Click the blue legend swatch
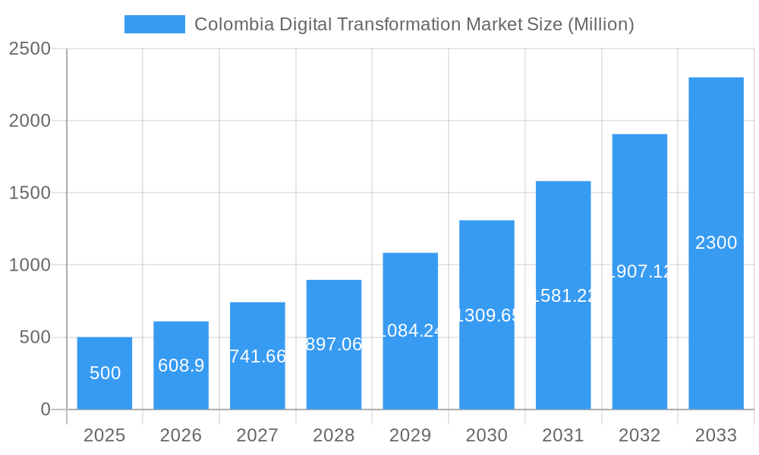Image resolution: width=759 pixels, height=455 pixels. click(155, 24)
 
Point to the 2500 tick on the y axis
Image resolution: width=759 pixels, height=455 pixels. click(29, 49)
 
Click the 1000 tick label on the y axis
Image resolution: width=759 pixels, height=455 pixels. click(29, 265)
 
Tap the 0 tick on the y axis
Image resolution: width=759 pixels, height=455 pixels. click(45, 409)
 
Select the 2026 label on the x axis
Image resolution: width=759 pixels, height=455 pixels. click(181, 436)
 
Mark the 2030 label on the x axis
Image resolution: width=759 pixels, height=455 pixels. click(487, 436)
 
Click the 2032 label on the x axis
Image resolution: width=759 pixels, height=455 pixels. click(639, 436)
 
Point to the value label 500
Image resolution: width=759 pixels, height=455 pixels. click(105, 373)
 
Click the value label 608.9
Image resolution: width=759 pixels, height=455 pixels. click(181, 366)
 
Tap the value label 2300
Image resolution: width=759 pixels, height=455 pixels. click(716, 243)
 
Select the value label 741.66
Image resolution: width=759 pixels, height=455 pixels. click(257, 356)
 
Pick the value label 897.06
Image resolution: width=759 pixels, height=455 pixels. click(334, 344)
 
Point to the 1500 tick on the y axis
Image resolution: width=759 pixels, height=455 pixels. click(29, 193)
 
